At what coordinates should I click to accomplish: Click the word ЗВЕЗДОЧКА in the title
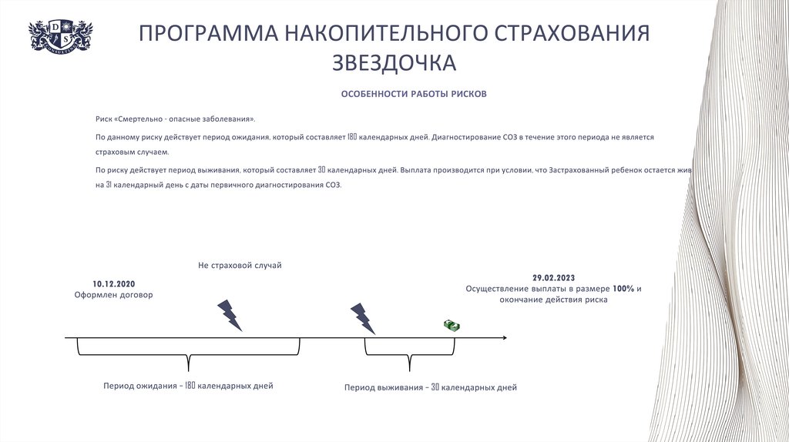coord(394,62)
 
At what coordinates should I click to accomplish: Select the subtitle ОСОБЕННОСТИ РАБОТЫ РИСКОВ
coord(414,94)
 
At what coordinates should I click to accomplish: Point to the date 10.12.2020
coord(113,283)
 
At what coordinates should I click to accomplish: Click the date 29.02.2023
coord(553,277)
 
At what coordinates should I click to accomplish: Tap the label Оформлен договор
coord(113,295)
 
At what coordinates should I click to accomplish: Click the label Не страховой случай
coord(240,266)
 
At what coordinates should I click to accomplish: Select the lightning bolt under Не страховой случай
coord(230,315)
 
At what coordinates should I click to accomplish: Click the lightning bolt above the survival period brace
coord(362,318)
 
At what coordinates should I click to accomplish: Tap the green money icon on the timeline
coord(452,326)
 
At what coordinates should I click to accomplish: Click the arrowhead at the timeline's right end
coord(503,337)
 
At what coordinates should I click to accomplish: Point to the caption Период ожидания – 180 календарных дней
coord(188,386)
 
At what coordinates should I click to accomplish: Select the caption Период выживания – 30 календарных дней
coord(430,387)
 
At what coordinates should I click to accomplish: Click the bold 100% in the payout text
coord(623,289)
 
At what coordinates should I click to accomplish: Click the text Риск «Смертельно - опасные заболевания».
coord(175,119)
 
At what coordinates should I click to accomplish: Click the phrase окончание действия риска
coord(553,300)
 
